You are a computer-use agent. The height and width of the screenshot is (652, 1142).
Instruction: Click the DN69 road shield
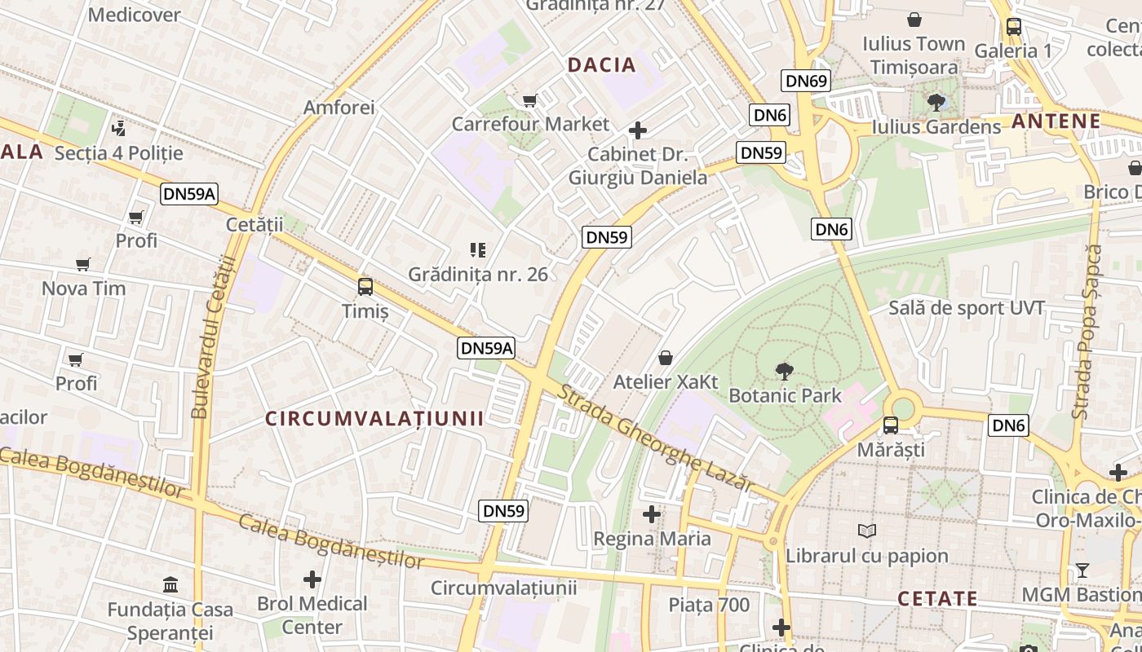807,80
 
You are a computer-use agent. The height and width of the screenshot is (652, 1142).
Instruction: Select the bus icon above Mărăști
891,425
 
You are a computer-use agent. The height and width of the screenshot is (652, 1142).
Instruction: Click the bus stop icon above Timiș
365,287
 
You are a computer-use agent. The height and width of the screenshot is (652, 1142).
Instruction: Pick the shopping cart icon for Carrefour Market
530,101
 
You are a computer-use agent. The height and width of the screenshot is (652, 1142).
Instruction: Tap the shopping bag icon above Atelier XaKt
666,358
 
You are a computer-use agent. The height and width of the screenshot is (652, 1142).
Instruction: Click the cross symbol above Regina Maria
652,514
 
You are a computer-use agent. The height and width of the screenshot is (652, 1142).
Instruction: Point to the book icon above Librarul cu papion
866,531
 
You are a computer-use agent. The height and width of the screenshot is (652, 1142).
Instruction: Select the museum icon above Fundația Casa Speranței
171,585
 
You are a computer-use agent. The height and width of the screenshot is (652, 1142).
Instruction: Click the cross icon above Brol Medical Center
312,579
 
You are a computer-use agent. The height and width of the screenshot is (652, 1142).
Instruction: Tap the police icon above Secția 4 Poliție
119,128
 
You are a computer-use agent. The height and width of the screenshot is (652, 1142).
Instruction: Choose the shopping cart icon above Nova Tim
83,264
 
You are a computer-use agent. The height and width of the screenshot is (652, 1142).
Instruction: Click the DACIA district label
601,65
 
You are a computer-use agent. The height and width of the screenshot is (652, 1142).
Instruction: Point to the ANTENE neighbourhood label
1056,121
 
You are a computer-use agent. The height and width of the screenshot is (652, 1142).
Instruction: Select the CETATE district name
937,599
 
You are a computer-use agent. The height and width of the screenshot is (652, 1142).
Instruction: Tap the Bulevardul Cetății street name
212,337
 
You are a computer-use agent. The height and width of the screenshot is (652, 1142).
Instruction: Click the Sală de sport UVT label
966,308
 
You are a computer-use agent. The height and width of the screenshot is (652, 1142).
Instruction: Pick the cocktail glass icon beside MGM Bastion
1082,570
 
